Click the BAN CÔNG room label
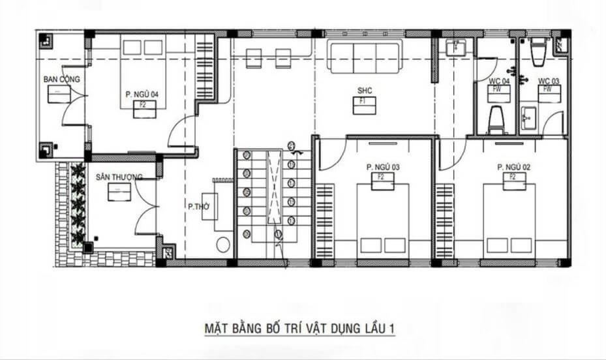pyautogui.click(x=61, y=80)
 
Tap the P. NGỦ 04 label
pyautogui.click(x=142, y=95)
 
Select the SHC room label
pyautogui.click(x=364, y=90)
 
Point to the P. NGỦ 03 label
pyautogui.click(x=383, y=167)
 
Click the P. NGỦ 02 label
pyautogui.click(x=513, y=167)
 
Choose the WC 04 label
pyautogui.click(x=499, y=81)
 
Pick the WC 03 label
pyautogui.click(x=549, y=81)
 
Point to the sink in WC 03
pyautogui.click(x=528, y=120)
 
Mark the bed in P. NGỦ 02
pyautogui.click(x=509, y=218)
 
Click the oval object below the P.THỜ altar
pyautogui.click(x=224, y=245)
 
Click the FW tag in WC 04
pyautogui.click(x=497, y=89)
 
